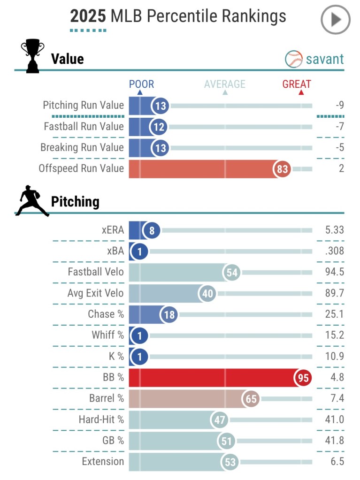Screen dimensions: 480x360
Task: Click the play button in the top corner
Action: pos(335,20)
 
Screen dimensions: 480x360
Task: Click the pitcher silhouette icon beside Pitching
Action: pos(31,201)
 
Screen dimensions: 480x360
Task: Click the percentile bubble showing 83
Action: pos(282,169)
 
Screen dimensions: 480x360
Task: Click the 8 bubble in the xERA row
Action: pos(152,230)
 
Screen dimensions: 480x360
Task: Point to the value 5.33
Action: pos(334,230)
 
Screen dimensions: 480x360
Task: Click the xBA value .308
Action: pos(334,251)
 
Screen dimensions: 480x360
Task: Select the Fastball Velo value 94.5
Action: pos(334,272)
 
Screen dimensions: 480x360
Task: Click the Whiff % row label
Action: pos(107,335)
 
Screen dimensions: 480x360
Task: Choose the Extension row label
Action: pos(103,461)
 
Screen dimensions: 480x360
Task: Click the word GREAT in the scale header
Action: pos(297,84)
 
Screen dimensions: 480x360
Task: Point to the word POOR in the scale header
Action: pos(141,84)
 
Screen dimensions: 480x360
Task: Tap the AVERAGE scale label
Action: pos(225,84)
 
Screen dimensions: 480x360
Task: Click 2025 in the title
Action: pos(88,16)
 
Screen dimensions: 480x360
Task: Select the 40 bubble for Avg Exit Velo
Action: pos(207,294)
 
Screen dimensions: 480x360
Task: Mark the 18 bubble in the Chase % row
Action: pos(169,315)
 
